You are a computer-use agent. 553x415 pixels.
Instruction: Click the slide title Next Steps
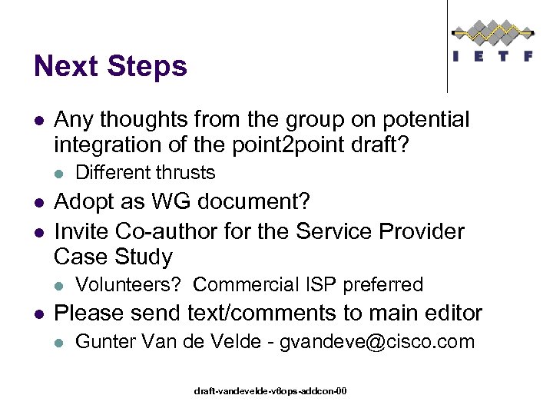tap(111, 67)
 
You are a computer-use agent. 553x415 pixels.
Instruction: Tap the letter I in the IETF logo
tap(458, 56)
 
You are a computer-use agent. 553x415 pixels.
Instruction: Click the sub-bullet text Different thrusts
tap(146, 172)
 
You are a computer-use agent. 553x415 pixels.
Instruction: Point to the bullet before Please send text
tap(38, 314)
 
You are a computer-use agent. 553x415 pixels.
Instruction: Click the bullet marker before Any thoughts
tap(38, 121)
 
